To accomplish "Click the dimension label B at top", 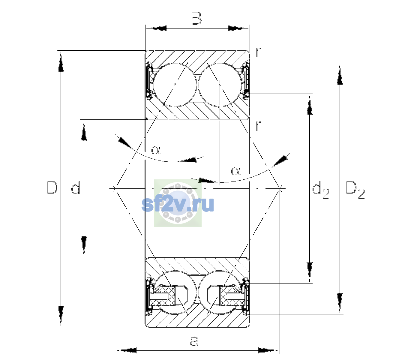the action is (x=196, y=18).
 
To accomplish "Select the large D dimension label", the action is (x=52, y=187).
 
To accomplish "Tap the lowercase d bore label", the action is (x=76, y=187).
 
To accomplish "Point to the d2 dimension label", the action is (x=320, y=190).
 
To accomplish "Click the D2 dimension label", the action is (x=355, y=190).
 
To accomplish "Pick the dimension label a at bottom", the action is (x=194, y=341).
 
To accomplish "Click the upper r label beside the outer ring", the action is (x=258, y=52).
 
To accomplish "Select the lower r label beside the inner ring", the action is (x=258, y=126).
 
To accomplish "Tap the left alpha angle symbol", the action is (x=156, y=150).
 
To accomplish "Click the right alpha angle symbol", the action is (x=236, y=171).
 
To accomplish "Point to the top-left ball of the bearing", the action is (x=175, y=85).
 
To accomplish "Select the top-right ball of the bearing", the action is (x=220, y=85).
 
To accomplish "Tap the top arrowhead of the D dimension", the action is (x=61, y=61).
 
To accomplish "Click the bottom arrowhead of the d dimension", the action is (x=84, y=247).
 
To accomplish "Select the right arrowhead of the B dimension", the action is (x=238, y=28).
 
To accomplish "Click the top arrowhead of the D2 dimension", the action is (x=340, y=74).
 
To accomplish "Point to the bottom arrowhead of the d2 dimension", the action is (x=310, y=272).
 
